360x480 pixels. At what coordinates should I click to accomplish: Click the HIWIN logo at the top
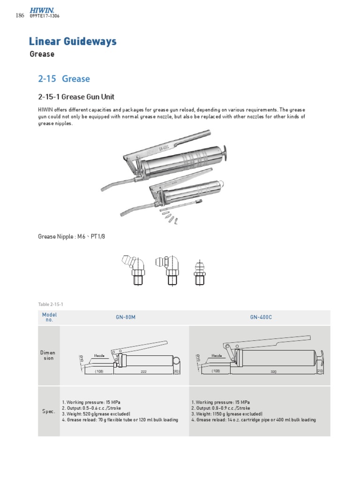pyautogui.click(x=42, y=9)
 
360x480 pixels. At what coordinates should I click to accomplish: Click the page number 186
pyautogui.click(x=20, y=15)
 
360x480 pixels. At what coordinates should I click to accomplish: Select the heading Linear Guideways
pyautogui.click(x=73, y=42)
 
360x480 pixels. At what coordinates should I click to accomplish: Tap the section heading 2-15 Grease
pyautogui.click(x=64, y=78)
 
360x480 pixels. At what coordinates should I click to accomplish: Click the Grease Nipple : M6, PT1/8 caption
pyautogui.click(x=71, y=236)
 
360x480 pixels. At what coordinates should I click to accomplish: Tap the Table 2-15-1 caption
pyautogui.click(x=51, y=304)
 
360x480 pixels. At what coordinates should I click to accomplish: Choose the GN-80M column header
pyautogui.click(x=126, y=317)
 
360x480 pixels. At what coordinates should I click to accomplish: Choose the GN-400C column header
pyautogui.click(x=261, y=317)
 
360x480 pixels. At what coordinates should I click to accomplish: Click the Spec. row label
pyautogui.click(x=48, y=411)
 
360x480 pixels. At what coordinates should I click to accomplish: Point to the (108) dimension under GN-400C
pyautogui.click(x=216, y=371)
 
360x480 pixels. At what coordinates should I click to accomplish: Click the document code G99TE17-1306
pyautogui.click(x=44, y=16)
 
